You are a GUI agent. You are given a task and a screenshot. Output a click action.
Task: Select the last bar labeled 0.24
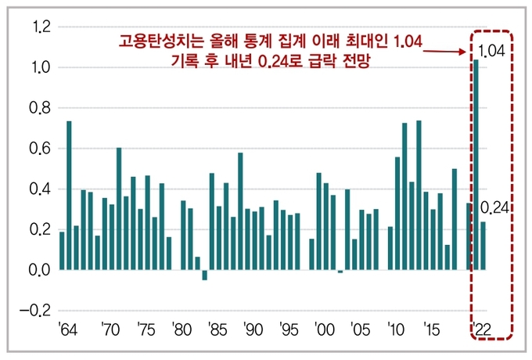tap(483, 246)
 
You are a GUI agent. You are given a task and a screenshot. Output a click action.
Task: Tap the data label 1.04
tap(491, 52)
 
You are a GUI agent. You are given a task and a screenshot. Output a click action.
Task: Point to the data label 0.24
tap(495, 207)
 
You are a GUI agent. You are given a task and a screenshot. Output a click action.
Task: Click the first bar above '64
tap(62, 250)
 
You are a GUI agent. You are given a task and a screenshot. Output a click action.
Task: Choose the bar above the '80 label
tap(183, 235)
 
